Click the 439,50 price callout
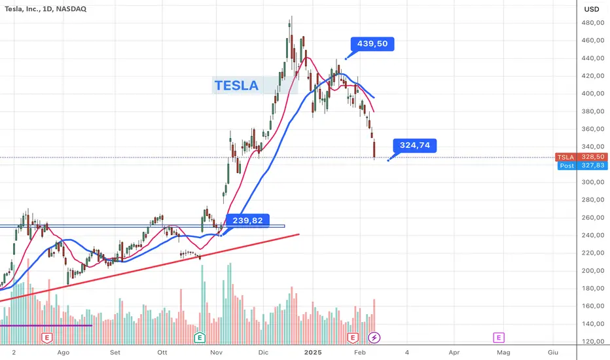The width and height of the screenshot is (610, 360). [x=372, y=44]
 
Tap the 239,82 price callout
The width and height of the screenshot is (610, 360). [x=247, y=221]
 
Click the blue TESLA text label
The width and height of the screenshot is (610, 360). [x=236, y=85]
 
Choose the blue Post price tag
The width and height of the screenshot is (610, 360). [x=567, y=166]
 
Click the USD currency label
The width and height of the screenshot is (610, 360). [x=592, y=9]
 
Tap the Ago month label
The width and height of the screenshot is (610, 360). [x=63, y=351]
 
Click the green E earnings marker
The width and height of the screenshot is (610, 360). [x=200, y=338]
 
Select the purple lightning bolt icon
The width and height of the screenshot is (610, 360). [x=374, y=338]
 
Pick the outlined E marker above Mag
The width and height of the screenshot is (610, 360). [x=499, y=338]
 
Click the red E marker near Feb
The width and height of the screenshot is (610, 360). [x=353, y=338]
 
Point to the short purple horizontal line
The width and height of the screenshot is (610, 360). [x=46, y=325]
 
